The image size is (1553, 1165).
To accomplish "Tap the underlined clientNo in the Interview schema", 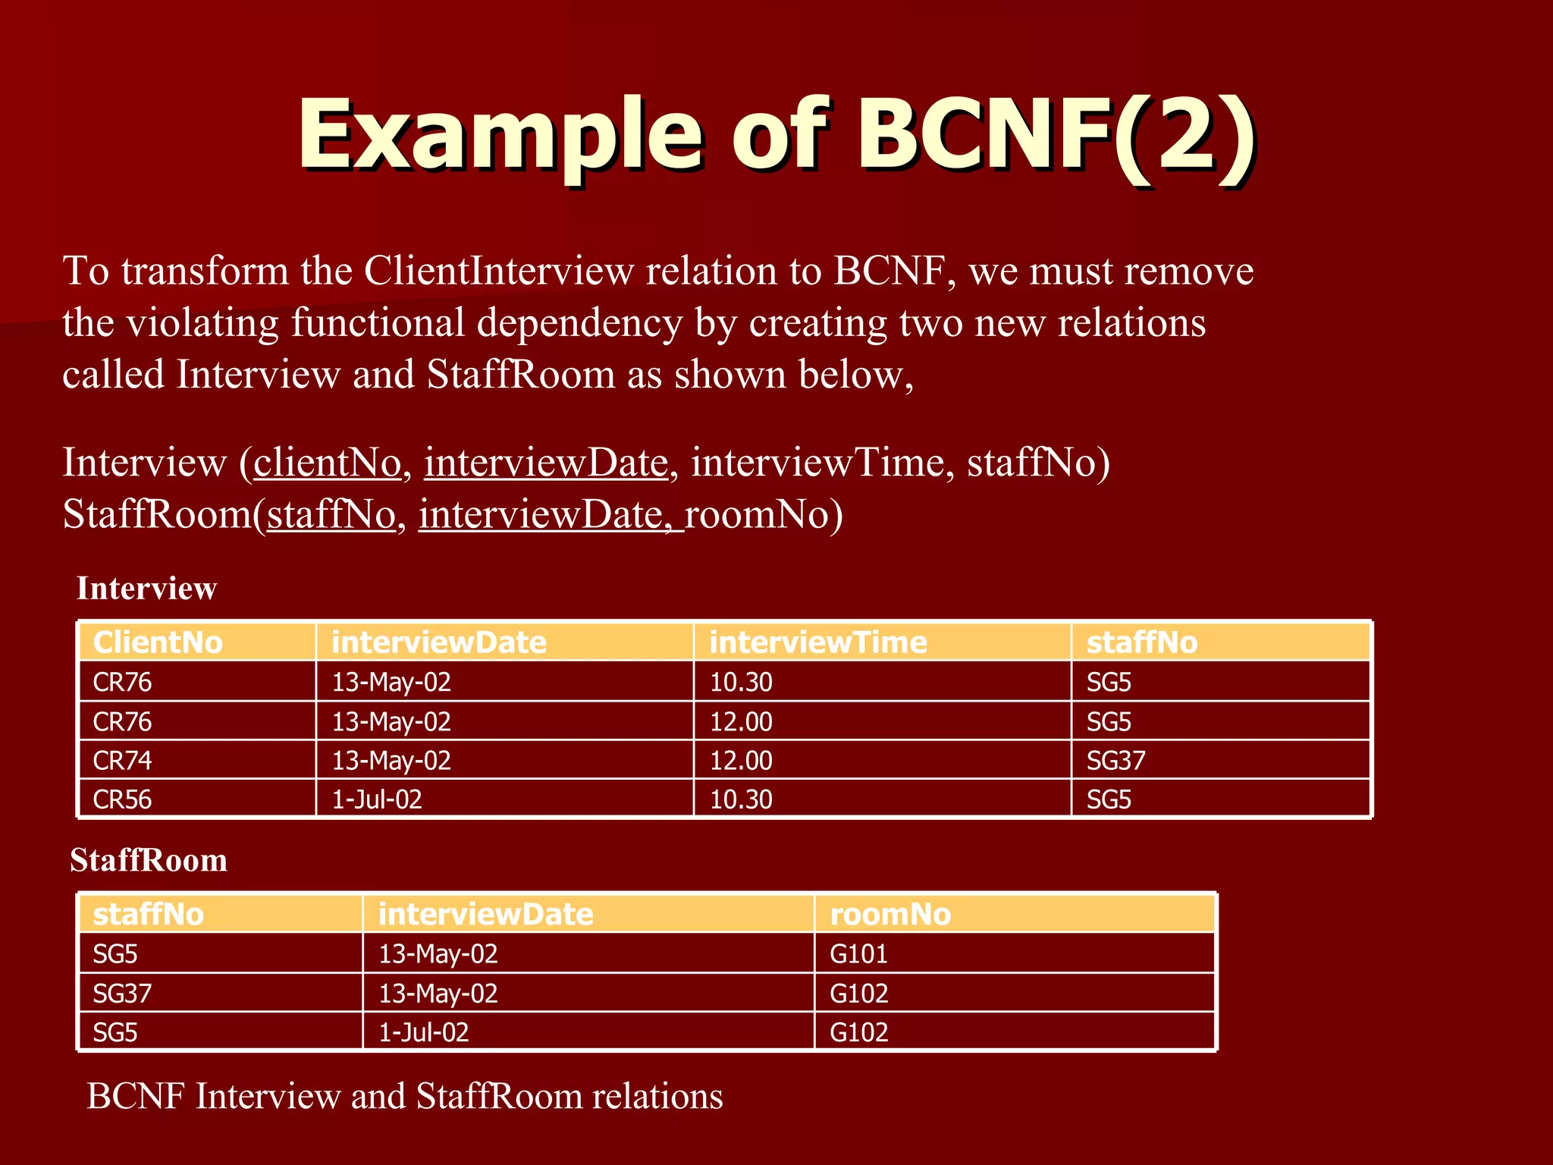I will coord(327,463).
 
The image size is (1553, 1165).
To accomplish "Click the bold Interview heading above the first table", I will coord(146,589).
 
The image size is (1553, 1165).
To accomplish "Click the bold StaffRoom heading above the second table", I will coord(149,861).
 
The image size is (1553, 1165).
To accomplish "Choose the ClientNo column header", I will coord(158,642).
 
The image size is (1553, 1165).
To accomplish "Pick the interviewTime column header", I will coord(817,642).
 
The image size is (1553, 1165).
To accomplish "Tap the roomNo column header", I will coord(890,915).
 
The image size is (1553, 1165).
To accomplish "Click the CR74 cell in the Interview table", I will coord(122,761).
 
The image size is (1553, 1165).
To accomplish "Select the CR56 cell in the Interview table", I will coord(122,799).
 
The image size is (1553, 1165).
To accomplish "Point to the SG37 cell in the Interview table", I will coord(1115,761).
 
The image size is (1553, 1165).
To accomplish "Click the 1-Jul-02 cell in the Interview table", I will coord(377,799).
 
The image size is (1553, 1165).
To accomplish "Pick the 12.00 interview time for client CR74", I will coord(741,761).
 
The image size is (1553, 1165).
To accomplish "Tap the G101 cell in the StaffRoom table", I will coord(858,954).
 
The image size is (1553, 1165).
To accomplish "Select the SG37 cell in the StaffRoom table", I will coord(122,994).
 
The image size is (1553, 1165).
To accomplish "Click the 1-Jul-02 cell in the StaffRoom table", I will coord(423,1032).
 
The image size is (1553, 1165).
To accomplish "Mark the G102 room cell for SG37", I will coord(858,994).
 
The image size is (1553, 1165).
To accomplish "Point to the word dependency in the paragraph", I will coord(579,323).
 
